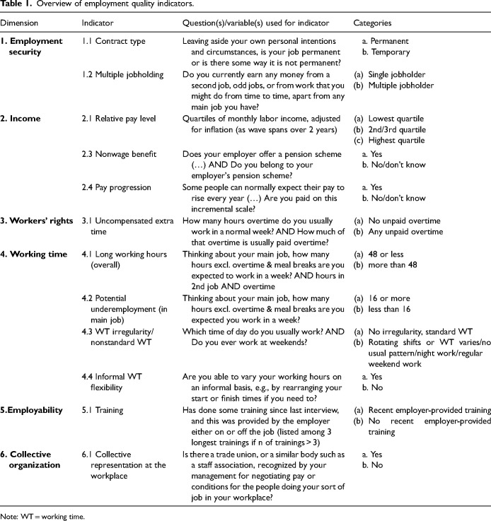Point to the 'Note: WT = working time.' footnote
click(43, 516)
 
